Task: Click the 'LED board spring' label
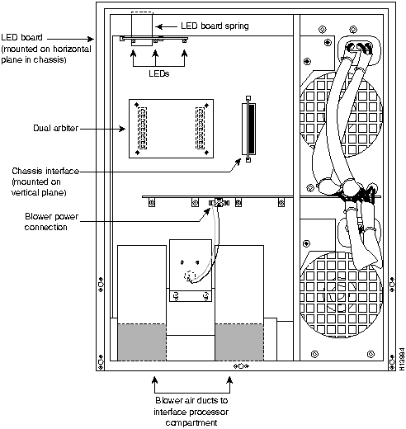215,26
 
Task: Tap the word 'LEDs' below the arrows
159,73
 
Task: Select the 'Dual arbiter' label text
56,128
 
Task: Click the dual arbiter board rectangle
171,129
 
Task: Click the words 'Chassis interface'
45,171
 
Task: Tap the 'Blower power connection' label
51,222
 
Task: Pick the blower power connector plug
219,203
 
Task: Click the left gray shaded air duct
142,342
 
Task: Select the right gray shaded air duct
239,342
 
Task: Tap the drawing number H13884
402,359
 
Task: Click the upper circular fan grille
341,114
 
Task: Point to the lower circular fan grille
341,295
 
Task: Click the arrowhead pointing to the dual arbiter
122,129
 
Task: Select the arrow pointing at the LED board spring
166,26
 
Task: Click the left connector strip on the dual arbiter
142,128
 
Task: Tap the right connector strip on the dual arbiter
200,128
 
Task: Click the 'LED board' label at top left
21,37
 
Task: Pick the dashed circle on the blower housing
191,276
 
